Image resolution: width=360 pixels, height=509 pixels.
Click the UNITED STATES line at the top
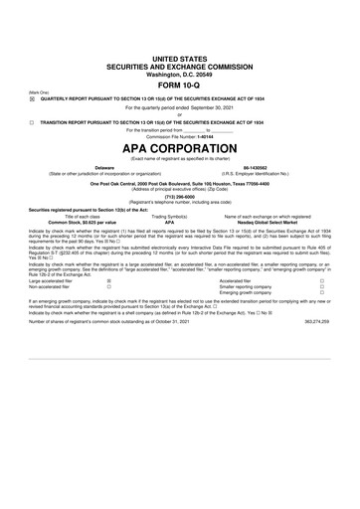180,32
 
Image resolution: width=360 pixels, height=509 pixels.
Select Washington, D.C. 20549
180,48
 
